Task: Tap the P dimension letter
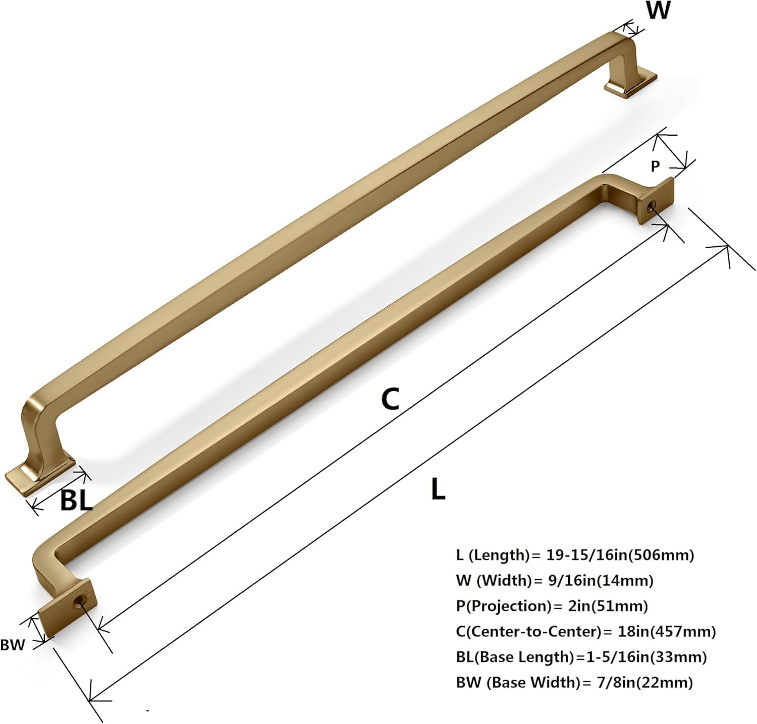point(655,166)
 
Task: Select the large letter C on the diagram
point(390,399)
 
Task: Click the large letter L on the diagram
point(438,489)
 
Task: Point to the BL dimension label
point(76,500)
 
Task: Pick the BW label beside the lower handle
point(13,645)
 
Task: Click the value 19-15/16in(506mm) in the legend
point(620,555)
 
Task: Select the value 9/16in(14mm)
point(601,580)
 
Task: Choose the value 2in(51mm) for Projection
point(608,605)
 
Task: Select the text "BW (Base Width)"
point(517,683)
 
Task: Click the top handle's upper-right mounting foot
point(630,84)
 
